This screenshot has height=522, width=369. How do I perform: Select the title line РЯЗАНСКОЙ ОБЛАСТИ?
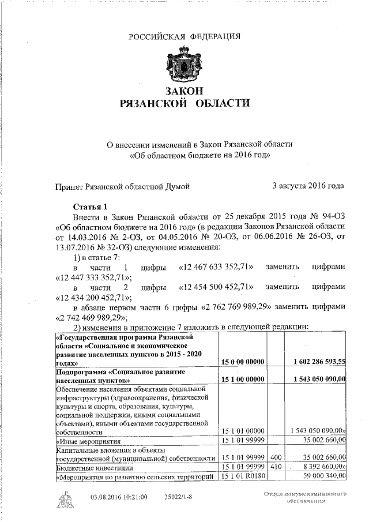[184, 104]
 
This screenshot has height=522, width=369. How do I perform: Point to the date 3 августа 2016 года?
[308, 186]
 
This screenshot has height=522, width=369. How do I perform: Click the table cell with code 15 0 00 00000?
[243, 362]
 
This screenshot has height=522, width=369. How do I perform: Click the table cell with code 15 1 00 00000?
[243, 381]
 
